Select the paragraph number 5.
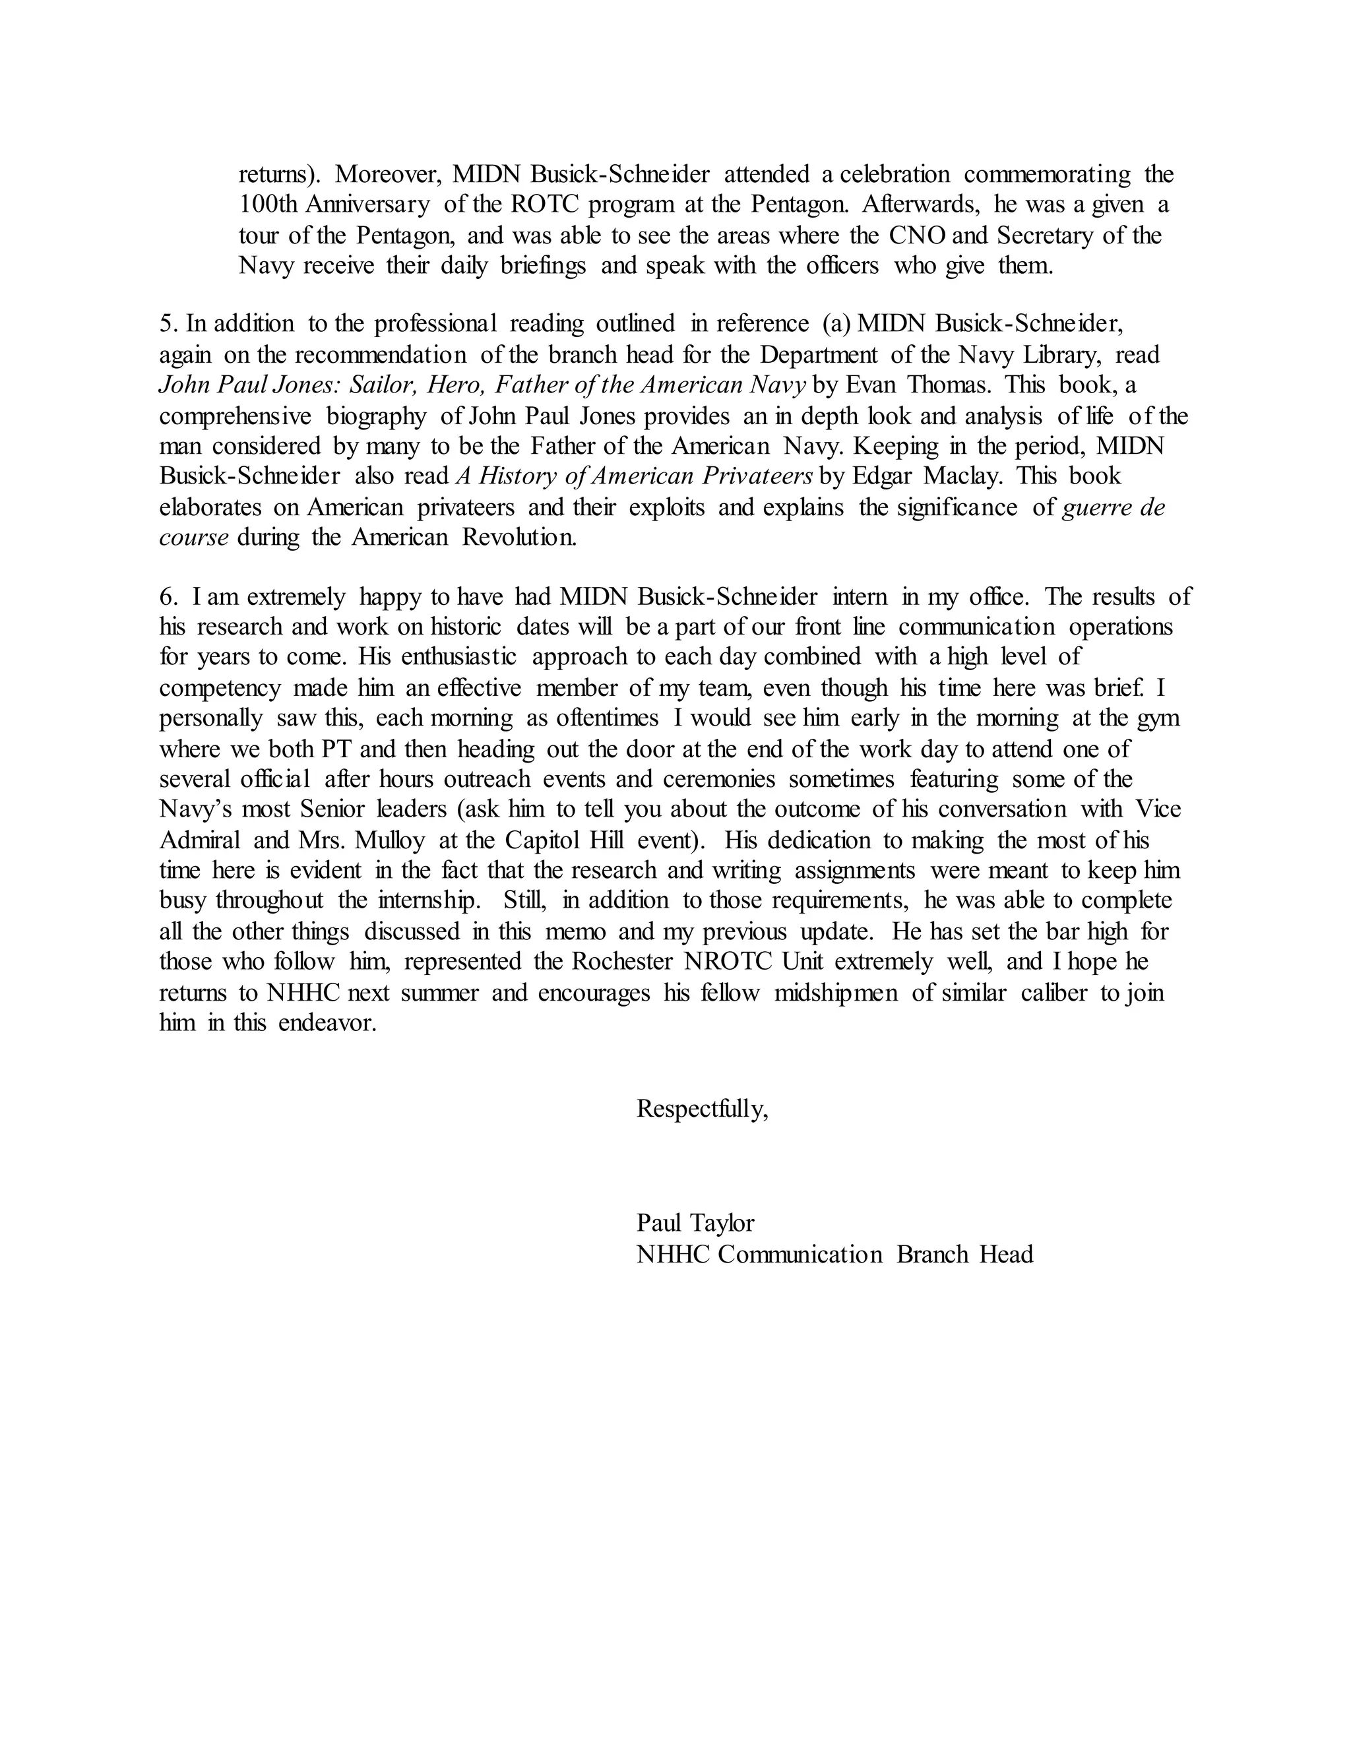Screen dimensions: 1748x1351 tap(168, 324)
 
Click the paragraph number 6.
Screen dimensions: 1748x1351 tap(168, 596)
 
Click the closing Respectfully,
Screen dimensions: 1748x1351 tap(702, 1109)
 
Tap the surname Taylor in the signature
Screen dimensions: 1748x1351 tap(724, 1223)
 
